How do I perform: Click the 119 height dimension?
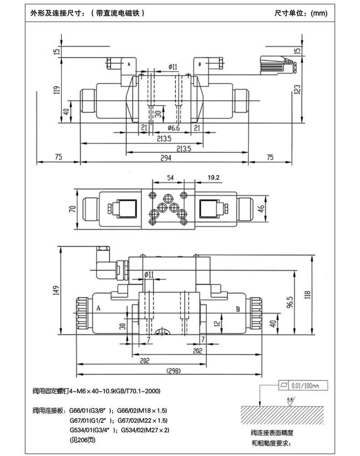click(57, 90)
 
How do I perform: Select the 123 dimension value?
click(297, 89)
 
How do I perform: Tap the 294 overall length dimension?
click(166, 158)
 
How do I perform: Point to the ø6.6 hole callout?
click(174, 128)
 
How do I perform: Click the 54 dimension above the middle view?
click(170, 177)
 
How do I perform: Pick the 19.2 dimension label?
click(214, 177)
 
